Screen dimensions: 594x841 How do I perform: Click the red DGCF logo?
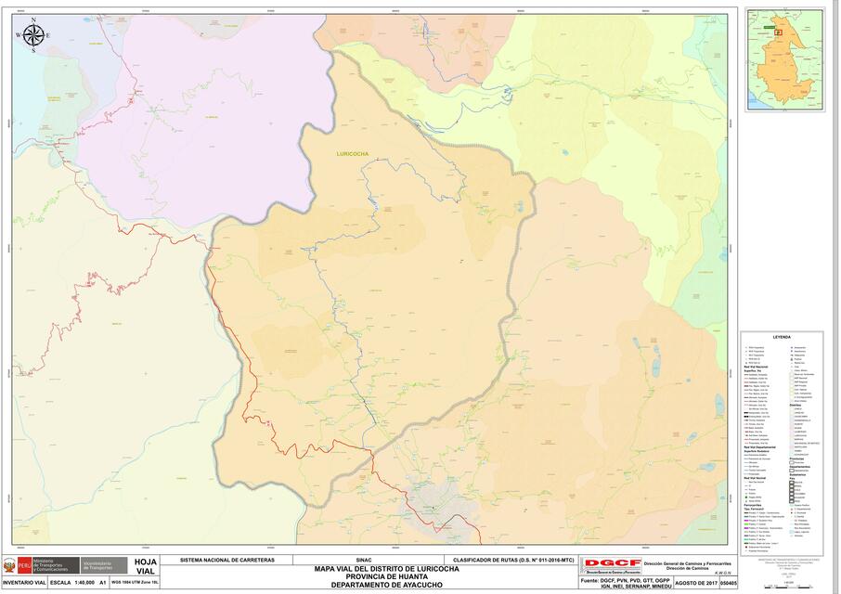pos(611,562)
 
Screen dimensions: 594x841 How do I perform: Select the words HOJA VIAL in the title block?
pos(145,566)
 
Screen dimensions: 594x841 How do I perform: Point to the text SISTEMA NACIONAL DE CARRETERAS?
pos(226,561)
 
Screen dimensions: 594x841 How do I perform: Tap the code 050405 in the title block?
pos(729,583)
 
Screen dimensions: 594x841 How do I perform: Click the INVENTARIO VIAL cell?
pos(23,583)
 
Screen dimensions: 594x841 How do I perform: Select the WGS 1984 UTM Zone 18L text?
pos(135,583)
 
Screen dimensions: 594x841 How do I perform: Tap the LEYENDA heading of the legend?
pos(781,337)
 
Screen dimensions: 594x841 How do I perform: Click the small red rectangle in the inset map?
pos(778,32)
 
